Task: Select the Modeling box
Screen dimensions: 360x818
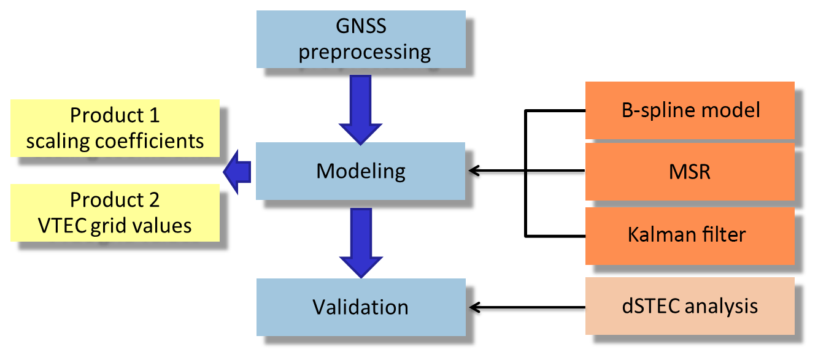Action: tap(361, 170)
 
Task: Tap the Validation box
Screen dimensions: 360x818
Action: tap(361, 307)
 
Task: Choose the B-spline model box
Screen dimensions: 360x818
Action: tap(690, 110)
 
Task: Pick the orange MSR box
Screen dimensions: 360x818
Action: tap(690, 172)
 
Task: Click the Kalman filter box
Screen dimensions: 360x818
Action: tap(690, 236)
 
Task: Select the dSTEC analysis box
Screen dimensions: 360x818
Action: tap(690, 306)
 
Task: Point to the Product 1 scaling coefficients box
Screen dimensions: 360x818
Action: tap(115, 128)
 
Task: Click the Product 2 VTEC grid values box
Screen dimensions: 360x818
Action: tap(115, 212)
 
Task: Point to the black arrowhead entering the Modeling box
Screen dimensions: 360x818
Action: tap(473, 172)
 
